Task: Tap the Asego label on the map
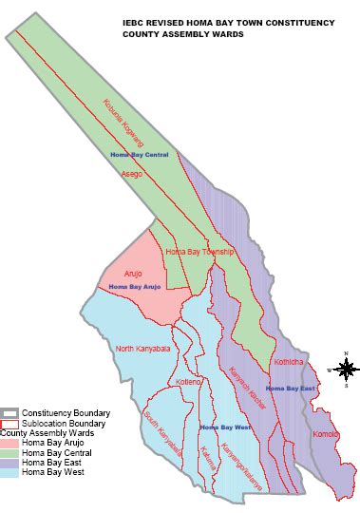coord(132,174)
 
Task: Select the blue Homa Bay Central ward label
coord(139,154)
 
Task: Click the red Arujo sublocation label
coord(133,274)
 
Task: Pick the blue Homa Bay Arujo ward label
coord(132,286)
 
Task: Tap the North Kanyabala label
coord(143,349)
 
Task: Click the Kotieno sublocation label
coord(190,382)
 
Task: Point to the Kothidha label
coord(289,362)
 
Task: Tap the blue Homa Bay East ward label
coord(290,389)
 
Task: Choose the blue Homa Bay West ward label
coord(225,427)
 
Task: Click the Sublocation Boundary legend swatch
coord(10,424)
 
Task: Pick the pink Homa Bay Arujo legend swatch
coord(10,443)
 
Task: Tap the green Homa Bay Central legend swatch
coord(10,452)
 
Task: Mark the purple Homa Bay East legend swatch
coord(10,463)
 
